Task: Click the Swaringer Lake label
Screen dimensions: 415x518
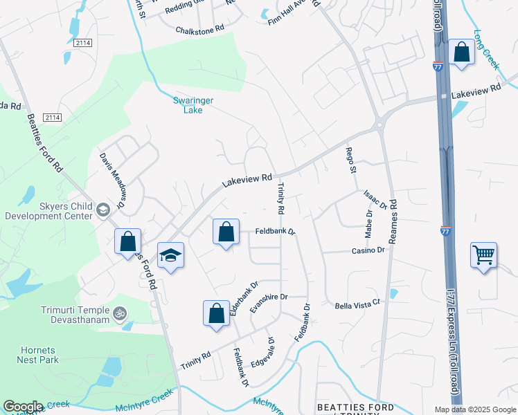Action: [193, 104]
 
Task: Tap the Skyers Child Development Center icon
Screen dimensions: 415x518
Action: [103, 209]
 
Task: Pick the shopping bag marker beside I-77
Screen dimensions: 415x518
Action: [461, 53]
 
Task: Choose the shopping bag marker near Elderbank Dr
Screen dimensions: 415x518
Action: [216, 313]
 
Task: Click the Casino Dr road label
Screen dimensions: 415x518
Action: [368, 250]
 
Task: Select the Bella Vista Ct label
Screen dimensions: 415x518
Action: [358, 304]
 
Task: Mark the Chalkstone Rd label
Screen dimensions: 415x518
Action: [200, 30]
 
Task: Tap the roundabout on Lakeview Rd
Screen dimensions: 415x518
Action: [379, 126]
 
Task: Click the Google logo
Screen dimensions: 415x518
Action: [23, 407]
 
